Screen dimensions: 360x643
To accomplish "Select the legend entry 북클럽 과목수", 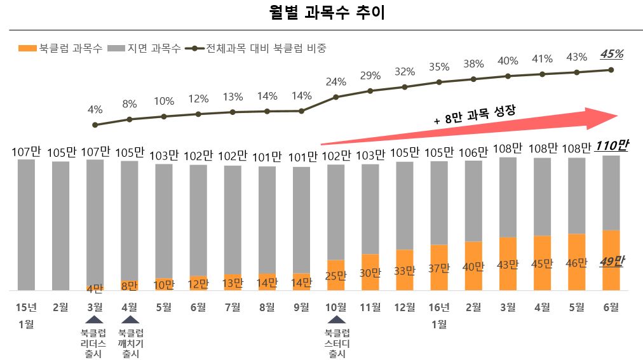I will click(61, 48).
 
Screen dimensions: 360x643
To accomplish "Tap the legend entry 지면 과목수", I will click(144, 48).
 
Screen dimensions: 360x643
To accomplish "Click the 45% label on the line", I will click(611, 55).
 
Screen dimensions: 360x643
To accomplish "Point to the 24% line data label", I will click(336, 82).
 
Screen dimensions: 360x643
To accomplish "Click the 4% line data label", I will click(95, 109).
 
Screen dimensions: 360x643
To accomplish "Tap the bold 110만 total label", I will click(611, 145).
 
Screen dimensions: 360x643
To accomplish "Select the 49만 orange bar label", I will click(611, 261).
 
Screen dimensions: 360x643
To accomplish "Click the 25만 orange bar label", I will click(336, 276).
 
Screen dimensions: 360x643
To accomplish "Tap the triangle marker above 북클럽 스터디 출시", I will click(336, 321).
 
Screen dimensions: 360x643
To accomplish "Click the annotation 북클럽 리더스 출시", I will click(94, 343).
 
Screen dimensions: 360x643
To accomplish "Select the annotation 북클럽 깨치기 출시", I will click(130, 343).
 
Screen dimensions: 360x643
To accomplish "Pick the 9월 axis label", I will click(302, 308).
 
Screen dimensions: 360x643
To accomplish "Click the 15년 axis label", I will click(26, 308).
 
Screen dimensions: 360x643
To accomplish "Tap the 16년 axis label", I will click(439, 308).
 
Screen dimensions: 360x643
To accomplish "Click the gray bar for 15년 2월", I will click(60, 225).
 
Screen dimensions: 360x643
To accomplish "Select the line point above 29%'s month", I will click(370, 91).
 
